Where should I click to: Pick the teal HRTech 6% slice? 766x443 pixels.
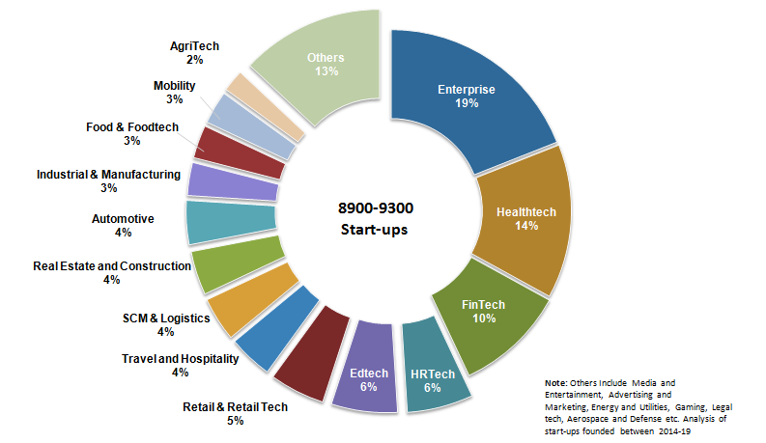coord(432,371)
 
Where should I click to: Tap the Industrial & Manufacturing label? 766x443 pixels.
coord(108,175)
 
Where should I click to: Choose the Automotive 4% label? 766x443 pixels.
coord(123,219)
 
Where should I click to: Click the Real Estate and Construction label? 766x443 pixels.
coord(111,265)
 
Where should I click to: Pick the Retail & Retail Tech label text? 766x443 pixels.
coord(235,406)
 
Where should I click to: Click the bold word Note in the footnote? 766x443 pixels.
coord(556,383)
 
